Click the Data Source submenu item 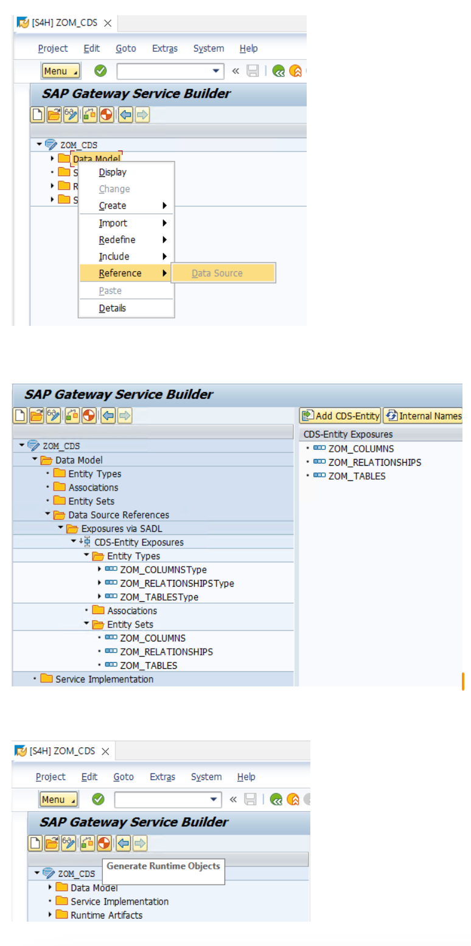click(217, 274)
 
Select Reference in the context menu click(120, 274)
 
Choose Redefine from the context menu click(117, 240)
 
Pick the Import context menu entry click(113, 223)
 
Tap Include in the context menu click(114, 257)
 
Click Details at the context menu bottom click(113, 308)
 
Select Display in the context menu click(113, 173)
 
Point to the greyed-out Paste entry click(110, 291)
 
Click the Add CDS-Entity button click(341, 416)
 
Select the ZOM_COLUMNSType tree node click(163, 570)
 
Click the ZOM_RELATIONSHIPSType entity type click(176, 584)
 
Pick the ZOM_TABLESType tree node click(159, 597)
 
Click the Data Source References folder click(119, 515)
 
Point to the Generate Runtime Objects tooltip click(163, 866)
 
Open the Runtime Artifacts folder click(106, 915)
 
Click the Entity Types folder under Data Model click(94, 474)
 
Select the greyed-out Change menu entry click(114, 190)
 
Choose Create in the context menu click(113, 206)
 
